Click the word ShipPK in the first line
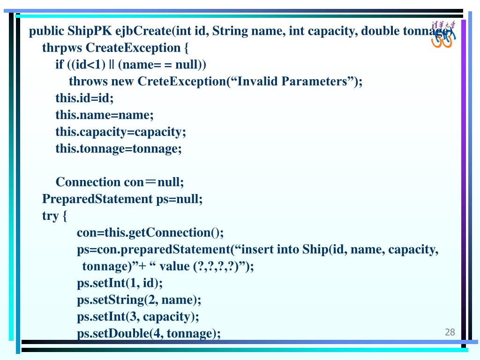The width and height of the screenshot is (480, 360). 90,31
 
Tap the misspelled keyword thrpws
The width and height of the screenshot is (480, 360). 62,48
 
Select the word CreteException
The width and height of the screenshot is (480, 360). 182,82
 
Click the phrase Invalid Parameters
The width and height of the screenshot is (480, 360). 292,82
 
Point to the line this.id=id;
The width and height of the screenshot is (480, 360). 84,98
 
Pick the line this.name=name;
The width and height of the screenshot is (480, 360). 105,115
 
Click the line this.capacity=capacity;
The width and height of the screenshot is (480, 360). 120,132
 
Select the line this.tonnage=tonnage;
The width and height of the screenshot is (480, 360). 119,149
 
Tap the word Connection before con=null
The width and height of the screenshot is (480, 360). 88,182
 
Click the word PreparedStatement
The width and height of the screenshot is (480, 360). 97,199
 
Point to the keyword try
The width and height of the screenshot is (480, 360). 50,216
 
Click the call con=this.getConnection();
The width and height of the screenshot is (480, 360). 150,233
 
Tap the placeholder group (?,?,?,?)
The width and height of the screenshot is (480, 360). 216,266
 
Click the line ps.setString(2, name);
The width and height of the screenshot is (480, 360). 139,300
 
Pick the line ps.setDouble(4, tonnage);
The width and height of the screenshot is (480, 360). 149,333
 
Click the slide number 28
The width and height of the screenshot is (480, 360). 450,332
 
